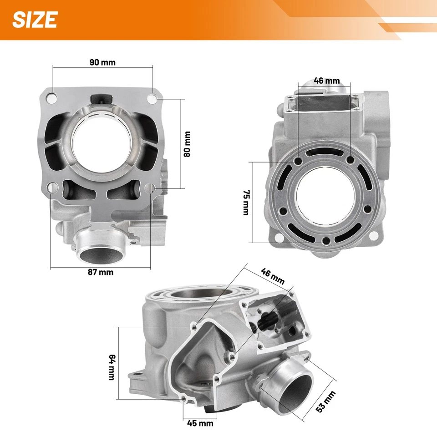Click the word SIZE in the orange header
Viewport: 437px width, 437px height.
[35, 20]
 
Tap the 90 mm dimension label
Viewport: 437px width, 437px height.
[102, 62]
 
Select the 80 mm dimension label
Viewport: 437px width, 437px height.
[187, 144]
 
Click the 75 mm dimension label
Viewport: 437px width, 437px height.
[246, 203]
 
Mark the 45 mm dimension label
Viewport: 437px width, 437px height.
[200, 423]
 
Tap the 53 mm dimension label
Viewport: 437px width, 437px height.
[326, 402]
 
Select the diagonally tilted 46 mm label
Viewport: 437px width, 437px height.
[273, 276]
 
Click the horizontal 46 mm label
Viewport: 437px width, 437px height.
[327, 81]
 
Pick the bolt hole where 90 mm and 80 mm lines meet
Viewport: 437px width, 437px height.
[152, 98]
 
